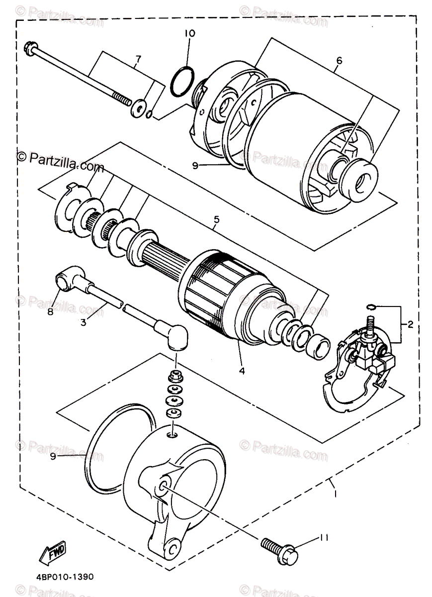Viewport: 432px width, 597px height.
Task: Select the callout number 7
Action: coord(138,60)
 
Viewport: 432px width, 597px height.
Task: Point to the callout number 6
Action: coord(340,61)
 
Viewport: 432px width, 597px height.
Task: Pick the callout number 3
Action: coord(83,322)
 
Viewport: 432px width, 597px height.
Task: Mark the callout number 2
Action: coord(411,325)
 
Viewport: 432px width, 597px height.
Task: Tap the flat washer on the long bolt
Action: coord(138,109)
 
